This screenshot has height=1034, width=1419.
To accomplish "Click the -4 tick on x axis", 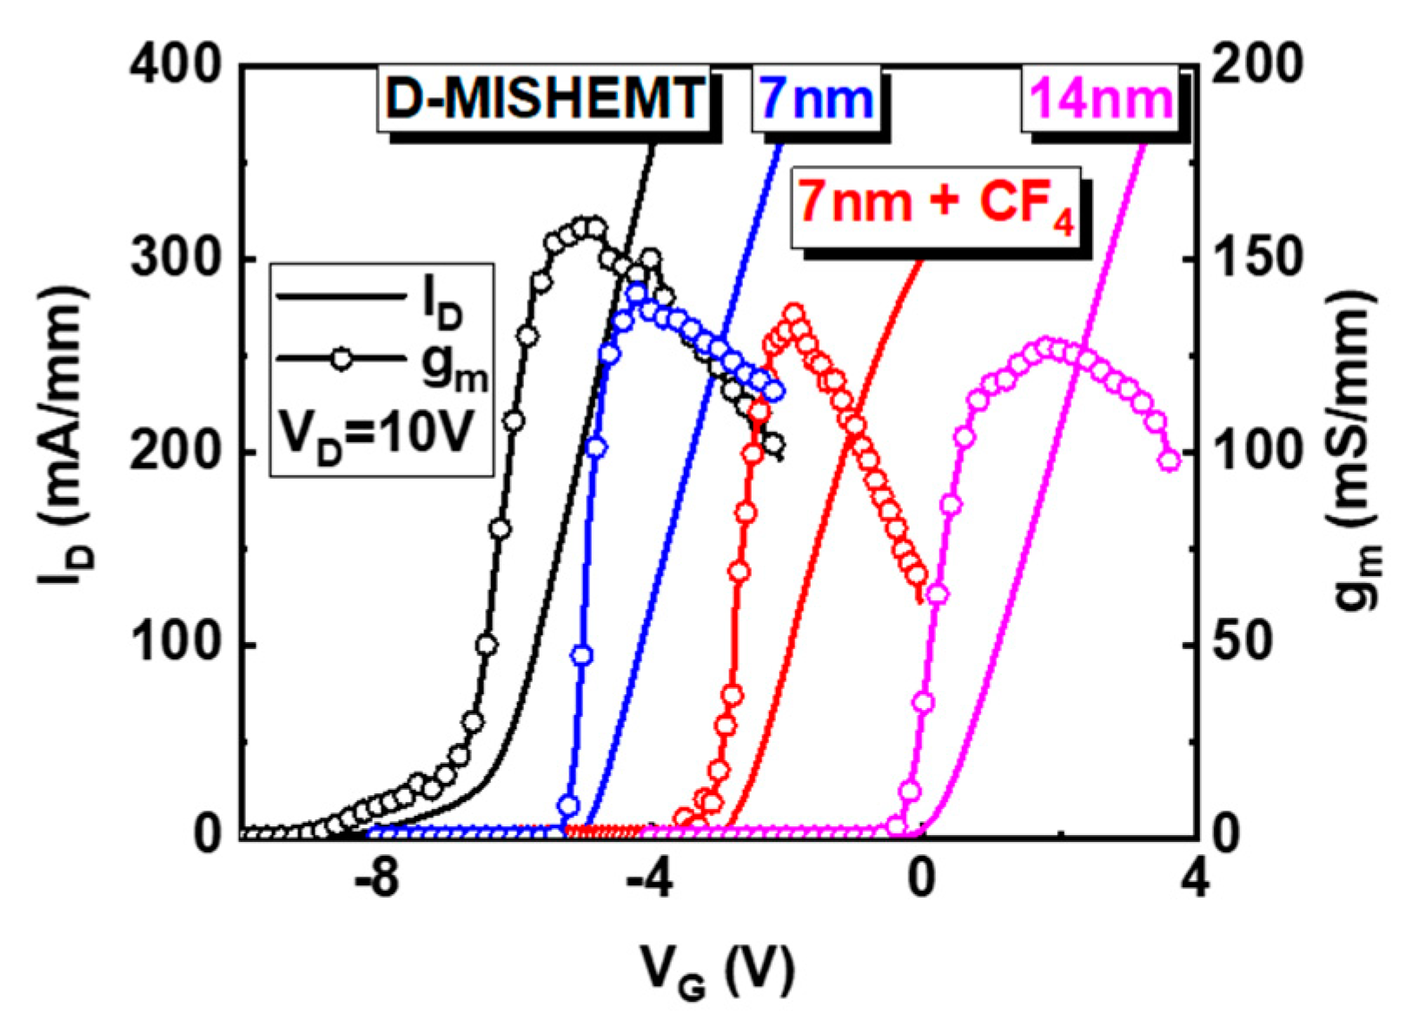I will click(x=648, y=882).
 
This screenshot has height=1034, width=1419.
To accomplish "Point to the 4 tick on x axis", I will click(x=1195, y=882).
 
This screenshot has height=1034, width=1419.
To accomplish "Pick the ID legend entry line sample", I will click(x=339, y=297).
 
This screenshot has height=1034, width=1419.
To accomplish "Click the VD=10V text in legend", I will click(x=376, y=431).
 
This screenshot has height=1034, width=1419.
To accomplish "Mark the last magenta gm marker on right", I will click(x=1170, y=461).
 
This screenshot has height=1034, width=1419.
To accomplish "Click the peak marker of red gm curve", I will click(x=793, y=314).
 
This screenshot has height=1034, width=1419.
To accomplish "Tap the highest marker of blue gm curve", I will click(x=637, y=293).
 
